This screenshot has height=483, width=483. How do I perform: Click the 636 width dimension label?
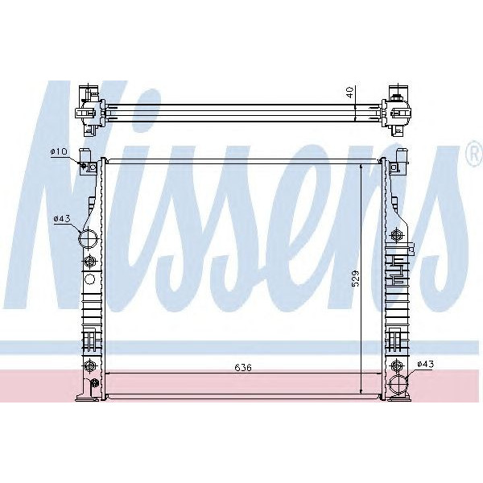coord(243,368)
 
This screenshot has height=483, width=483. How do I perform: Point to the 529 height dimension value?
coord(355,278)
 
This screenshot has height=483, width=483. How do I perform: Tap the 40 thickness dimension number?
coord(349,93)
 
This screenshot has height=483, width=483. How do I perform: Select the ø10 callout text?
coord(59,152)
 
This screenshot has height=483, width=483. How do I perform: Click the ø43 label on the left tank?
coord(60,218)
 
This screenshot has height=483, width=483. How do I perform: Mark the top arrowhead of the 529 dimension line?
coord(361,165)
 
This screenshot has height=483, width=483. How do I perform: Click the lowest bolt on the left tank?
coord(89,368)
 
